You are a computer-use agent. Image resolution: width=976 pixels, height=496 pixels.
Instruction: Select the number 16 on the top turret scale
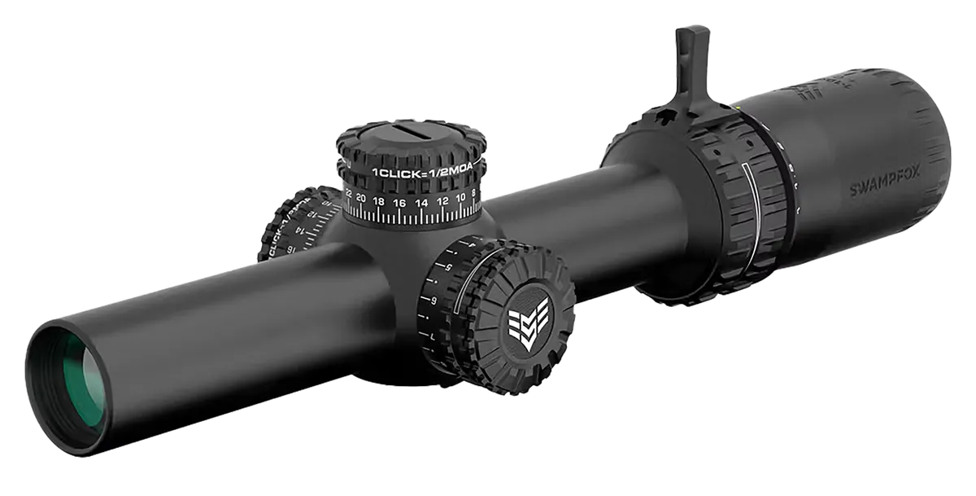pos(399,202)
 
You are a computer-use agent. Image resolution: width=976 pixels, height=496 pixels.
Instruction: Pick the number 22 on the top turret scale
pos(349,195)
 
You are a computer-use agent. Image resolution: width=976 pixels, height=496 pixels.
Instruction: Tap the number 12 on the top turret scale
pos(442,200)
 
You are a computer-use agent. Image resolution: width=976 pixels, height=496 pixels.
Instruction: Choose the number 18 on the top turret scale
pos(379,200)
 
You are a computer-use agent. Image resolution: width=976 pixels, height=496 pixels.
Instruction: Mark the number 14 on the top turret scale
pos(421,202)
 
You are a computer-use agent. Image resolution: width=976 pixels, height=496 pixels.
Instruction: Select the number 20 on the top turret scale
pos(361,198)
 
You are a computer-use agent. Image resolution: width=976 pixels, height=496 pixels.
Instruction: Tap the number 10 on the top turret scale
pos(460,197)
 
